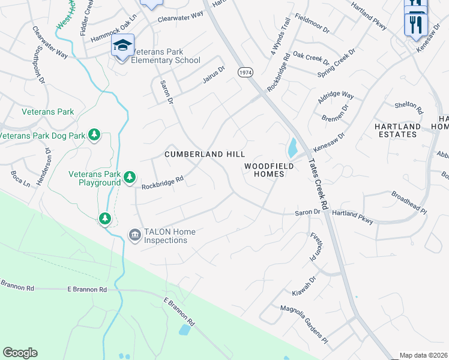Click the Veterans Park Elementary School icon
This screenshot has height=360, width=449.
point(122,46)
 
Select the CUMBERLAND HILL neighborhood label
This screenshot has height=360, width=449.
point(205,154)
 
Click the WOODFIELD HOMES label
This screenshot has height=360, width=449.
point(269,169)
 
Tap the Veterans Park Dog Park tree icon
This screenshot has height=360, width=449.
point(94,134)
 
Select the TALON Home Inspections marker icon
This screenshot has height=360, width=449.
point(134,235)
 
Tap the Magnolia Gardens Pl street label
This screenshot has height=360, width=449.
point(304,325)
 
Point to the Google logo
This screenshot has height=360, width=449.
point(20,353)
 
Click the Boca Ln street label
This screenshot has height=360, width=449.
point(20,179)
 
